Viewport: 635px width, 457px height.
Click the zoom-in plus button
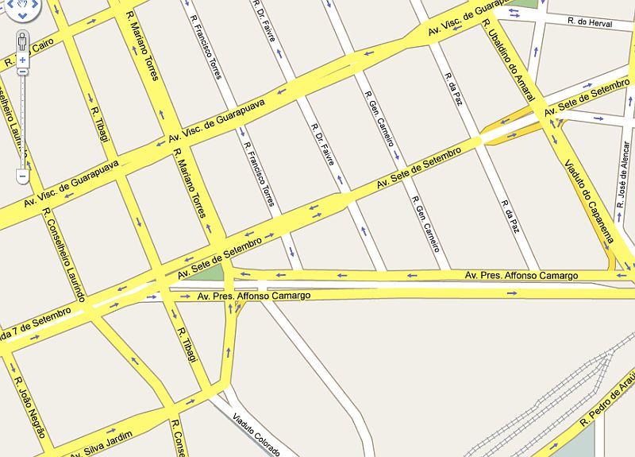[22, 60]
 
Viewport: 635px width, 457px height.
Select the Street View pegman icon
[22, 40]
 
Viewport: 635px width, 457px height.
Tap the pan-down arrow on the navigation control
[22, 15]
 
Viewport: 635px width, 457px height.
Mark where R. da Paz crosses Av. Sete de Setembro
[481, 137]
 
